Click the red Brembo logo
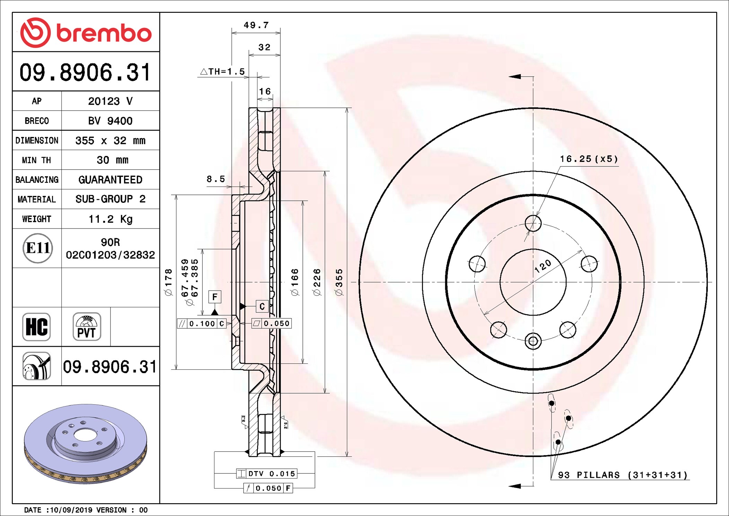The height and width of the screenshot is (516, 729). pyautogui.click(x=86, y=33)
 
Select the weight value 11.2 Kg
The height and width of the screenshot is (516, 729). pyautogui.click(x=111, y=219)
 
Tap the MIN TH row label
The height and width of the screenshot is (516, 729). pyautogui.click(x=36, y=160)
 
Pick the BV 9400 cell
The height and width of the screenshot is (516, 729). pyautogui.click(x=110, y=121)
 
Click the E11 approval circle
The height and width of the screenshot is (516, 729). pyautogui.click(x=38, y=248)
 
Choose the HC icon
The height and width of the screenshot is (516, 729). pyautogui.click(x=36, y=327)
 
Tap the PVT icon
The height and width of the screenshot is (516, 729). pyautogui.click(x=87, y=327)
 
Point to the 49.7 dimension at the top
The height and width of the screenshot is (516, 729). pyautogui.click(x=256, y=25)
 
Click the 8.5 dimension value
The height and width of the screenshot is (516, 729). pyautogui.click(x=216, y=179)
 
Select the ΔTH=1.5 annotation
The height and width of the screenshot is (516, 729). pyautogui.click(x=222, y=71)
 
